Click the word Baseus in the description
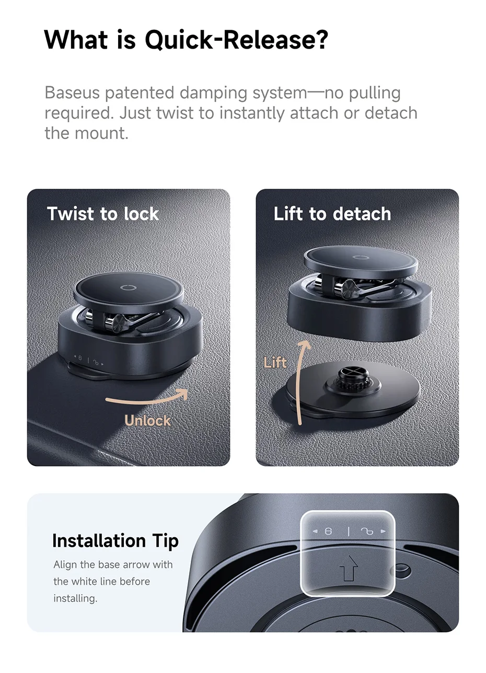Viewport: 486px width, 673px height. [x=72, y=92]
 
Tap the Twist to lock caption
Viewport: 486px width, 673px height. [x=103, y=214]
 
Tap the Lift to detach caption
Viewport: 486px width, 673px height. [x=332, y=214]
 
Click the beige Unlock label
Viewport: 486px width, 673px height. [x=147, y=420]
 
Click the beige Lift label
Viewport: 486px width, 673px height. [x=275, y=362]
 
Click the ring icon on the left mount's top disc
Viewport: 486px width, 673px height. [x=129, y=288]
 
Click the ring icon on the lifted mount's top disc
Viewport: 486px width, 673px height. [x=358, y=257]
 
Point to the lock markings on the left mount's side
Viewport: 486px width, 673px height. [x=89, y=360]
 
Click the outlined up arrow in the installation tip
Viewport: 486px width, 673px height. [x=349, y=567]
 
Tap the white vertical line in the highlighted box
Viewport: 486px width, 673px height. [x=349, y=531]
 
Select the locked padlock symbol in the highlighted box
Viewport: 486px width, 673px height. [x=328, y=531]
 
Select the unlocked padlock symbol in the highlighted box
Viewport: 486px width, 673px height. [x=367, y=531]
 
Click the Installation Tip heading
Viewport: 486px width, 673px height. [x=115, y=541]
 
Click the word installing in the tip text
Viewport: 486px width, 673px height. [x=75, y=598]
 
